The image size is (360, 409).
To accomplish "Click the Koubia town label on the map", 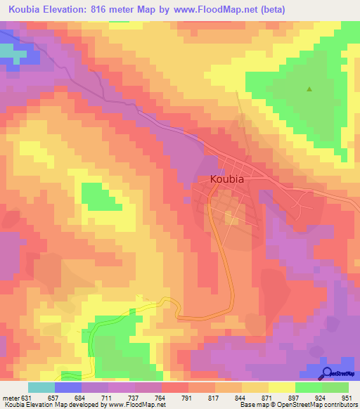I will point(227,179).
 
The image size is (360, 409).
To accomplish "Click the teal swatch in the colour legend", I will point(41,387).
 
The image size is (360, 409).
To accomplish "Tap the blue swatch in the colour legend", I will point(67,387).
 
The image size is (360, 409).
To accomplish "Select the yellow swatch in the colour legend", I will point(281,387).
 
